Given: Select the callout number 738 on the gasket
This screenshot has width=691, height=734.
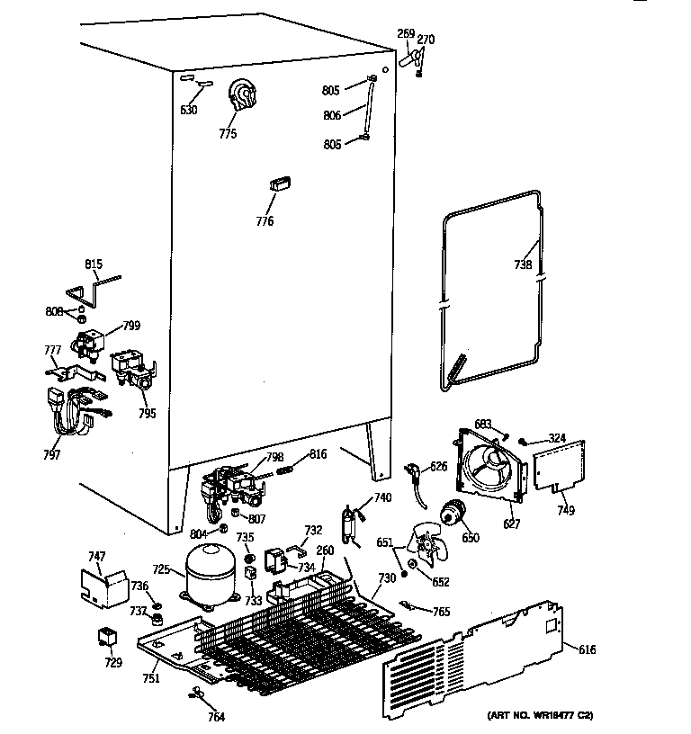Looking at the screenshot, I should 523,264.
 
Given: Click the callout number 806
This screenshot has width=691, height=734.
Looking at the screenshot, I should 332,115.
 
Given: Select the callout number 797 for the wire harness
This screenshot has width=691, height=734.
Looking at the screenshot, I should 51,454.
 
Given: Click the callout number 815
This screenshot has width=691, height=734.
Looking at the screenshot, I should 94,264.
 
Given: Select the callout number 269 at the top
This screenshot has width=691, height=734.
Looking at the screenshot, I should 405,34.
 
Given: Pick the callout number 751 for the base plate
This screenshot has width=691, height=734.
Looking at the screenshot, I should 151,677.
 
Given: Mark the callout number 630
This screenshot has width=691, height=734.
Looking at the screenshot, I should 188,110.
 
